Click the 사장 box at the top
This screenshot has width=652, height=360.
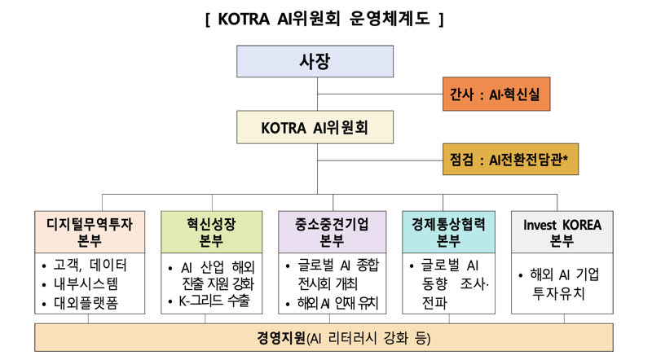[x=315, y=62]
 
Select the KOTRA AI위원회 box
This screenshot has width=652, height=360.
[x=315, y=128]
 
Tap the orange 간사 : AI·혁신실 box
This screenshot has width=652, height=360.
[x=496, y=94]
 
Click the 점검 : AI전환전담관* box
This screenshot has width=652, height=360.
[x=509, y=160]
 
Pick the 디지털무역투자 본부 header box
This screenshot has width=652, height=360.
[x=90, y=232]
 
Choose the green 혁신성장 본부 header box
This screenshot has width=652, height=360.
[x=211, y=232]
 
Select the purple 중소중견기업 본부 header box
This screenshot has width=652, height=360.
[x=332, y=232]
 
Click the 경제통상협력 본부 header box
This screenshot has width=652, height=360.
[x=448, y=232]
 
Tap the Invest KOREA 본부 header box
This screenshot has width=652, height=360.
[x=562, y=232]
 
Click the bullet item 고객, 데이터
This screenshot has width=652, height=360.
[x=90, y=266]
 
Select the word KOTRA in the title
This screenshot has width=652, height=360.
[x=245, y=18]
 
